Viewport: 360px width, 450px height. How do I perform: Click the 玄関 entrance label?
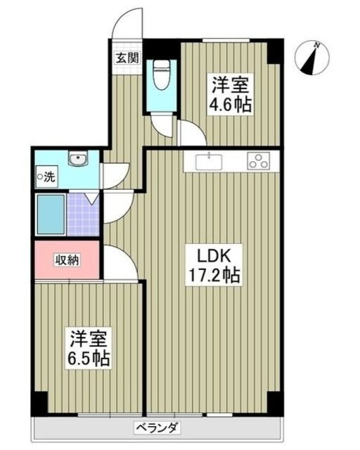pyautogui.click(x=126, y=58)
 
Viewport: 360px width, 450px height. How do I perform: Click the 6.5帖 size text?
pyautogui.click(x=89, y=359)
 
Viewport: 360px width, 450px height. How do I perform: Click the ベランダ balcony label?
pyautogui.click(x=157, y=427)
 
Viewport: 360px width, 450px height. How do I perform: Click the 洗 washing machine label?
pyautogui.click(x=46, y=176)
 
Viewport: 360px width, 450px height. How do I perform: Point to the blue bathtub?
pyautogui.click(x=51, y=214)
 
